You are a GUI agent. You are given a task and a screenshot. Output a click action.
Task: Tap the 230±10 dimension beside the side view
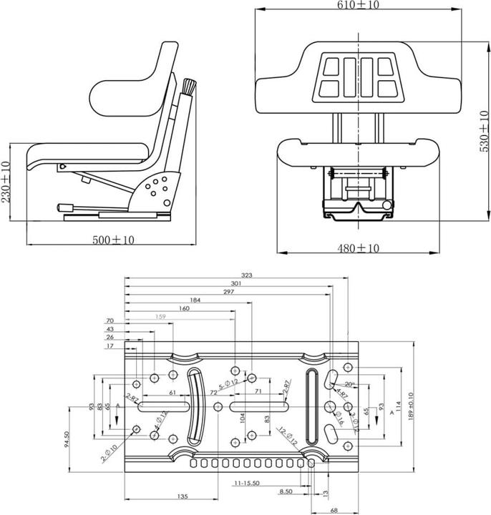point(6,183)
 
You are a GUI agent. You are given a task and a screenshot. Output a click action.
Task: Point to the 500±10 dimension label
point(113,240)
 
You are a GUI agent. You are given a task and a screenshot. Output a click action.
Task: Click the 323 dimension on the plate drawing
point(248,275)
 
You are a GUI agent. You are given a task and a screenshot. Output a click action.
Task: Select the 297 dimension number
point(229,292)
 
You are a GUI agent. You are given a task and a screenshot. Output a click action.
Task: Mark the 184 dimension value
point(195,300)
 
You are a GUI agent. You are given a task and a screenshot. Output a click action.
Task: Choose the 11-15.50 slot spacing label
point(246,484)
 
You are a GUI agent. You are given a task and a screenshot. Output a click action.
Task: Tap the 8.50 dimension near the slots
point(286,491)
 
